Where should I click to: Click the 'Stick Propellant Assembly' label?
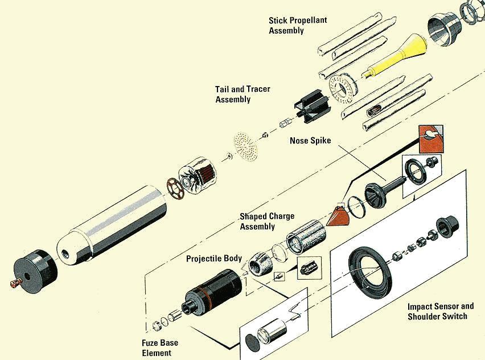(298, 26)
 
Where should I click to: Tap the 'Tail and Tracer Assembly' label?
(242, 95)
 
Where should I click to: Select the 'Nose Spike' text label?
(310, 141)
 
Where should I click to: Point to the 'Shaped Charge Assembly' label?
(267, 222)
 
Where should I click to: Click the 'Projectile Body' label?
(213, 259)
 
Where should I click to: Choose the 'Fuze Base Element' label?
(160, 347)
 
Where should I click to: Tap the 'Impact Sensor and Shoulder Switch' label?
(441, 312)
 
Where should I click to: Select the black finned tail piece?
(313, 106)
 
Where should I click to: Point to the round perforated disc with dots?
(245, 146)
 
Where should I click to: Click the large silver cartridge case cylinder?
(112, 227)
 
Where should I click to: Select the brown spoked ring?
(175, 188)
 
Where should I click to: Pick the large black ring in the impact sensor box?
(371, 273)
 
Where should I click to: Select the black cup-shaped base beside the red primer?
(35, 272)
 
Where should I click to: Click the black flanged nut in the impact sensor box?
(447, 227)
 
